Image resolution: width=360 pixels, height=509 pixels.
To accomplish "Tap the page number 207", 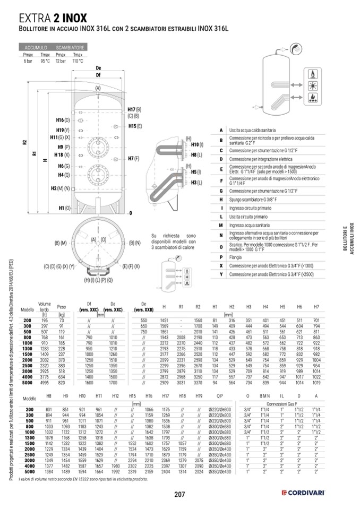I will pyautogui.click(x=179, y=494).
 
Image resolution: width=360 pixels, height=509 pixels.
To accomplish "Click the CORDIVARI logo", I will pyautogui.click(x=303, y=494).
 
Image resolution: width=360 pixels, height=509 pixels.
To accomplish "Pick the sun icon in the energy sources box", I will pyautogui.click(x=313, y=85).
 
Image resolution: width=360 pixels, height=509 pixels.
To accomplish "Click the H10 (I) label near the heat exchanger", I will pyautogui.click(x=197, y=144).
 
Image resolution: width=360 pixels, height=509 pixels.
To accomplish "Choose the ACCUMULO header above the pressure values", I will pyautogui.click(x=36, y=48).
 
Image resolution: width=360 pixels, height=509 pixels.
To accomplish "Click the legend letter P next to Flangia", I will pyautogui.click(x=221, y=257).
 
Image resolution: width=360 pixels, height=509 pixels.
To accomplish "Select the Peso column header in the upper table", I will pyautogui.click(x=62, y=307).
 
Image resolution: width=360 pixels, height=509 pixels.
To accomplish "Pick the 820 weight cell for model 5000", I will pyautogui.click(x=62, y=382).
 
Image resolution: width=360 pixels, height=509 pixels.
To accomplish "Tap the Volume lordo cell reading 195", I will pyautogui.click(x=45, y=321).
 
